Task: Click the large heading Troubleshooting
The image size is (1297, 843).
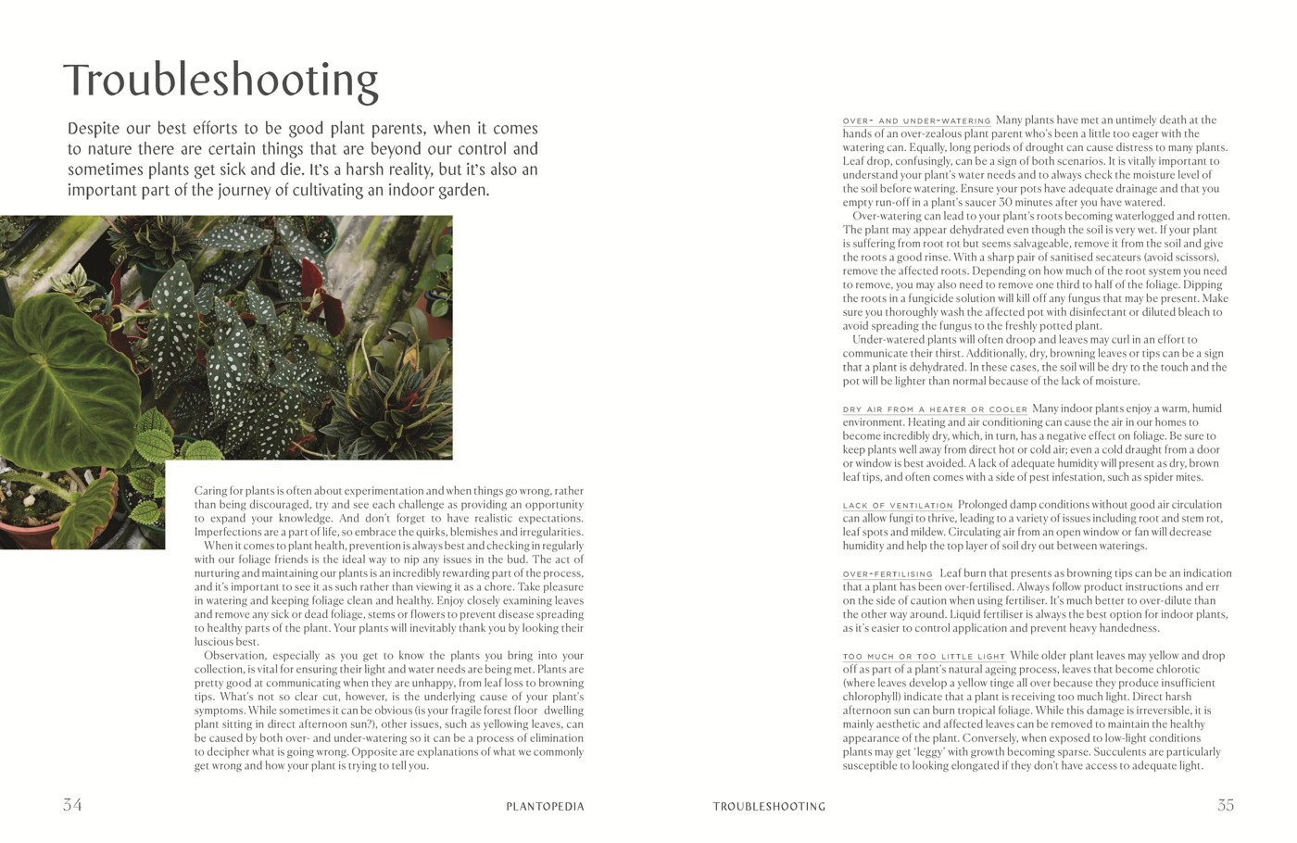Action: point(220,81)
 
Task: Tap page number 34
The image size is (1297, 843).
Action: point(72,805)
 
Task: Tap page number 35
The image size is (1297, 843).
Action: point(1226,805)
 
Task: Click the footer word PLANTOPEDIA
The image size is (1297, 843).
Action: point(546,806)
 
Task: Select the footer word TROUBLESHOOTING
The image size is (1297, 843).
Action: point(769,806)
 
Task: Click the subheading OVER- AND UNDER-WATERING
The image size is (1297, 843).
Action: point(916,121)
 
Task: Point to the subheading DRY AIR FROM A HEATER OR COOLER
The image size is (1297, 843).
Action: point(935,409)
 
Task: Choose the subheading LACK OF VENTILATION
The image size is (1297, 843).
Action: point(898,506)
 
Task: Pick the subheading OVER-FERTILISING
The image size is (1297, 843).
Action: point(888,574)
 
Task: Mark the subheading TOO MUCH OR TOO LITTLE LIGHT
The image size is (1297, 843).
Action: point(924,657)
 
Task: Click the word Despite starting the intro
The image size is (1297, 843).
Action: point(92,129)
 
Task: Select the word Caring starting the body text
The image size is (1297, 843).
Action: point(212,490)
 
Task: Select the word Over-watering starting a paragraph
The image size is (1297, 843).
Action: point(885,217)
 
